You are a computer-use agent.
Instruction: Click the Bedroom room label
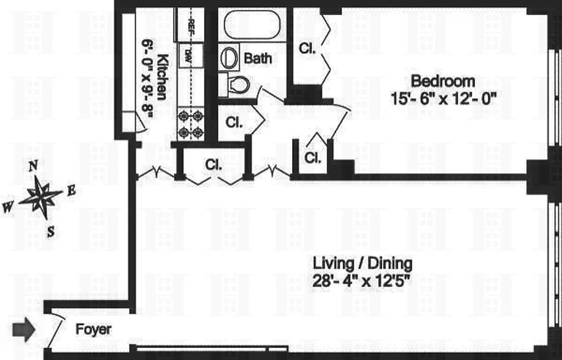[x=443, y=81]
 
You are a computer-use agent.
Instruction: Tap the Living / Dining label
[x=362, y=262]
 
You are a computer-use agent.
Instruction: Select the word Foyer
[x=93, y=329]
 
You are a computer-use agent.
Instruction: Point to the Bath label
[x=258, y=58]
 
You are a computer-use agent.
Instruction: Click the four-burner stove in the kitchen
[x=191, y=124]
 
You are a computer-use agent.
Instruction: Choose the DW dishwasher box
[x=191, y=54]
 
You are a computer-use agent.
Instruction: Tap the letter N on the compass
[x=33, y=167]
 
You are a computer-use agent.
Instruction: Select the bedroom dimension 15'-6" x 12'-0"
[x=443, y=98]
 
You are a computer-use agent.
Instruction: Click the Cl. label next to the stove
[x=234, y=122]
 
